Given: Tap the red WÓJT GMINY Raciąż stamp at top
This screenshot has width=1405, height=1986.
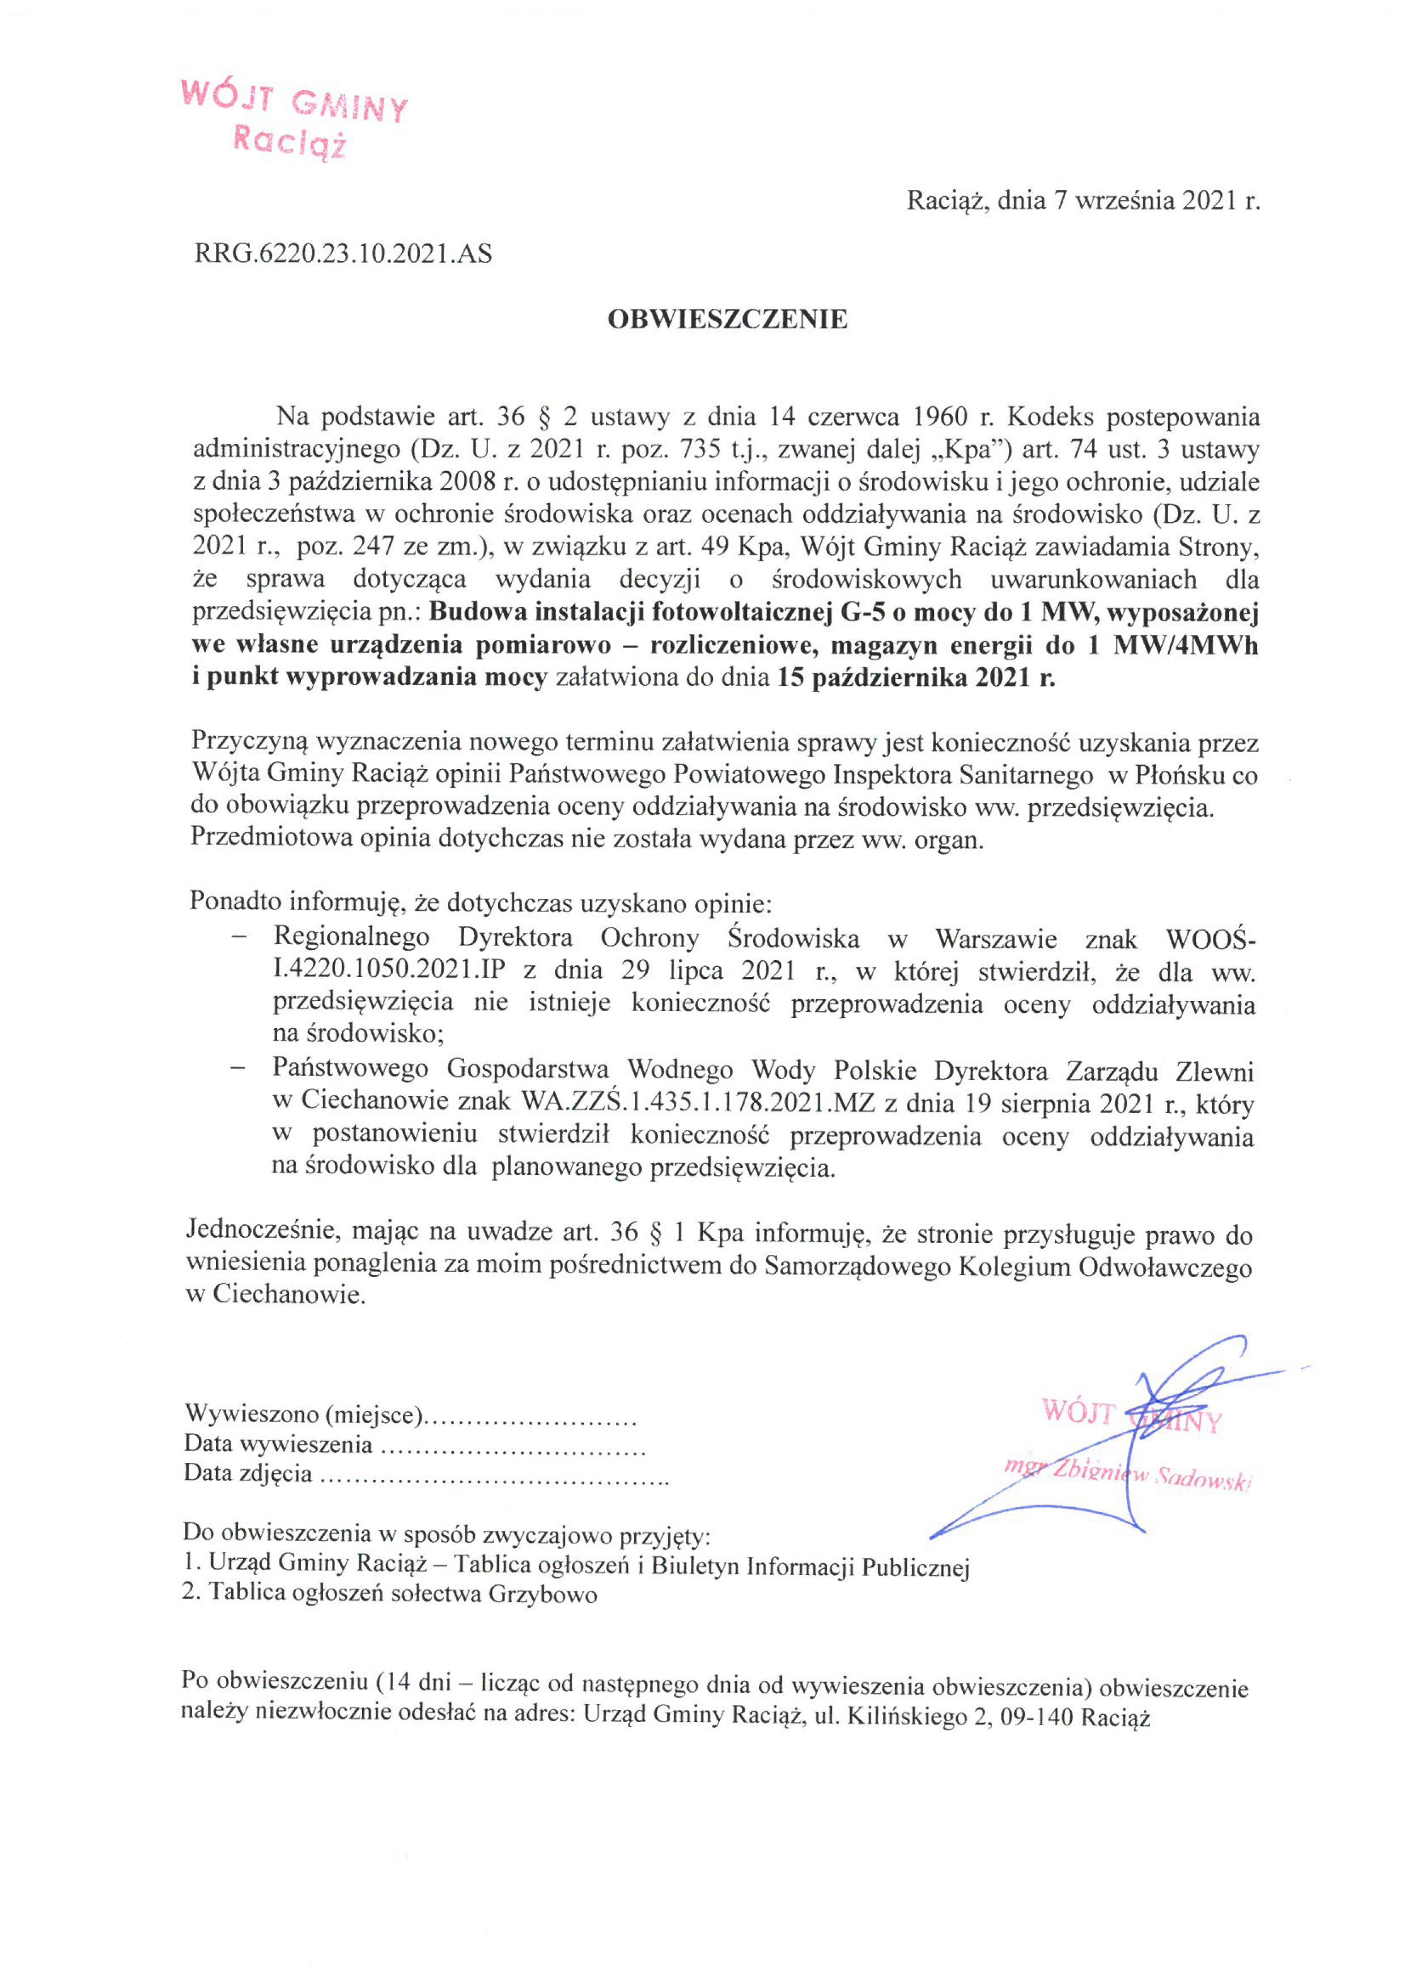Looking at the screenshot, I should click(x=293, y=118).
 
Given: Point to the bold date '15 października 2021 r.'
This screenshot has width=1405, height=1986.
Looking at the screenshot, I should click(x=917, y=677).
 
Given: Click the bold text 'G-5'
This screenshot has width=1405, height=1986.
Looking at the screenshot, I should click(x=865, y=613).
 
